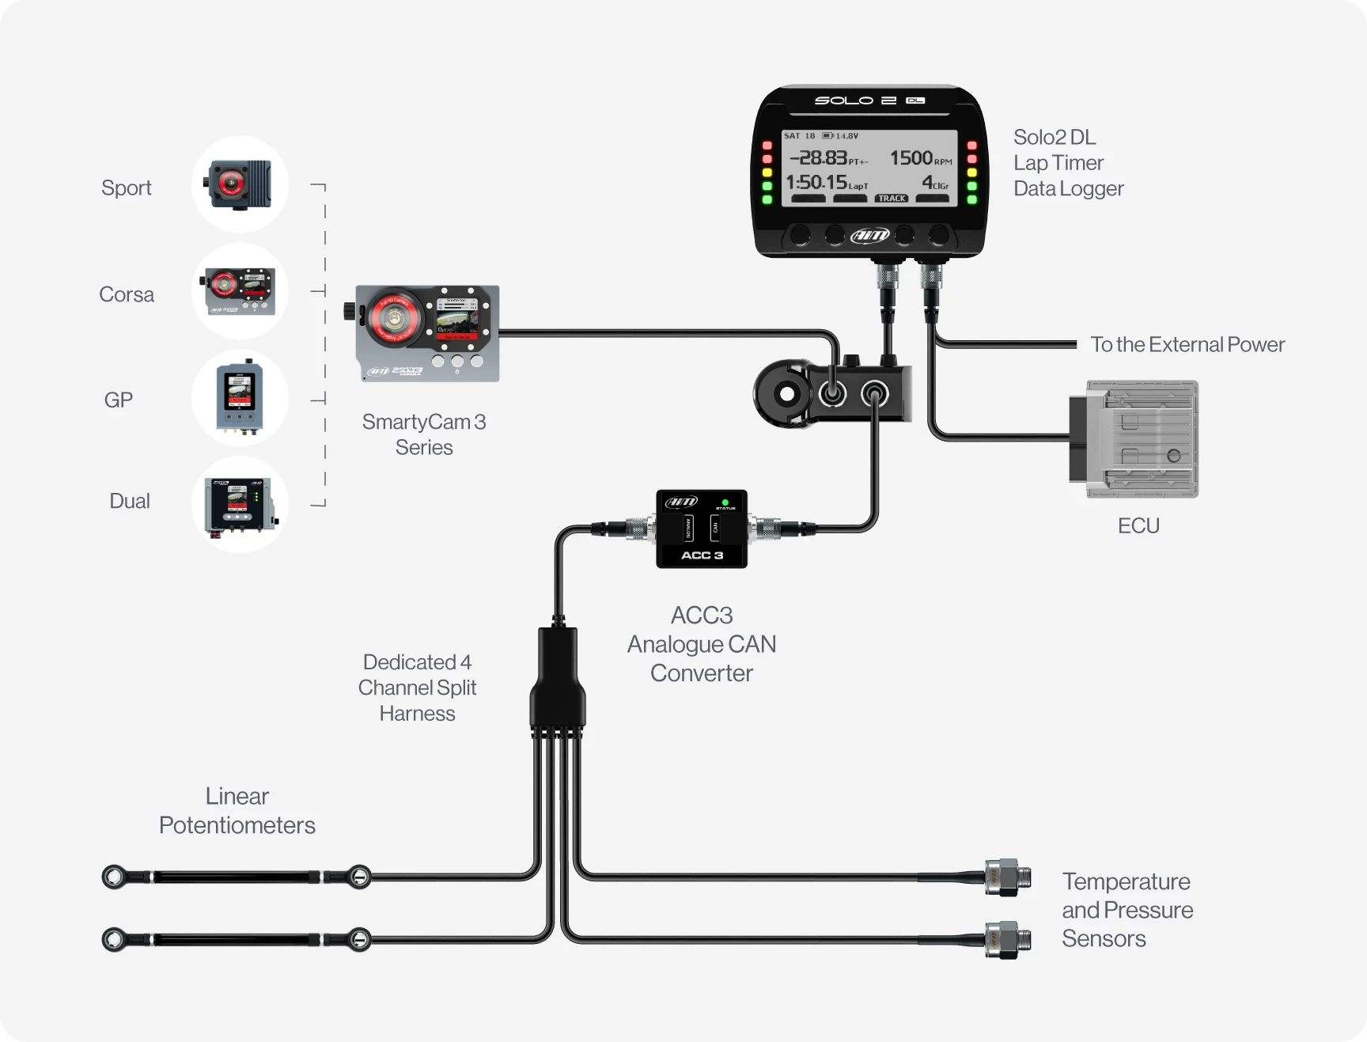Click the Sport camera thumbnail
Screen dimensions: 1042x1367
240,184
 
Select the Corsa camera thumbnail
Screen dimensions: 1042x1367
240,290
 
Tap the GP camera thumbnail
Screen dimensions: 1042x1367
240,398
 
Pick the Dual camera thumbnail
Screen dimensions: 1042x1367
240,505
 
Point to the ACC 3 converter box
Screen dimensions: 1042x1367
702,529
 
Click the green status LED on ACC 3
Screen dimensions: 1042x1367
725,502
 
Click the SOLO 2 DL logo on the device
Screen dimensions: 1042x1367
869,100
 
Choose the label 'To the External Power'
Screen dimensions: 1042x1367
1187,345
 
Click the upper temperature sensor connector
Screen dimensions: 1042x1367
1007,877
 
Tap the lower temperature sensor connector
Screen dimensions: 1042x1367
1007,940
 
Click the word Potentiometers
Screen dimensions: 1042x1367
237,825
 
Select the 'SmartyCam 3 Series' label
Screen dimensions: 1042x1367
424,434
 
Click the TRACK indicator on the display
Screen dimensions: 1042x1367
892,199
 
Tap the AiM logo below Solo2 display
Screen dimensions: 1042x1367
870,235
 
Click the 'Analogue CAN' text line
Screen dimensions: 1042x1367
702,644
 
